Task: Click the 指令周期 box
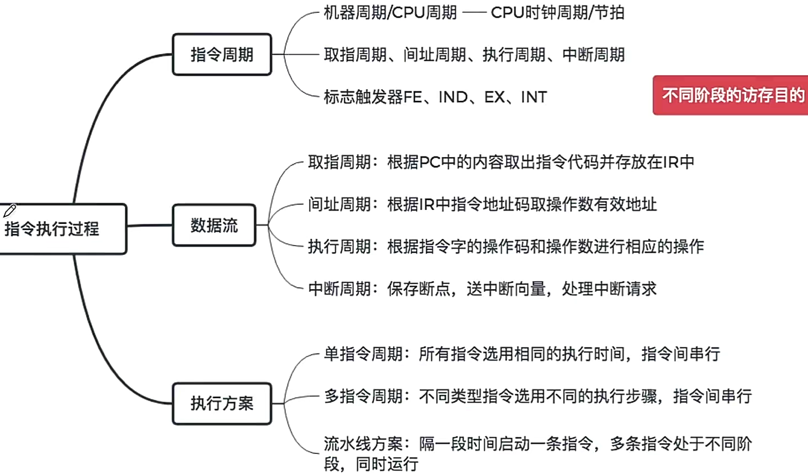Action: click(x=222, y=55)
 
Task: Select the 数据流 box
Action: click(x=214, y=225)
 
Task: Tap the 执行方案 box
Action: click(x=222, y=403)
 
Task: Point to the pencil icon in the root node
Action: click(x=9, y=211)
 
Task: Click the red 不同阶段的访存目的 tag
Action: click(x=732, y=95)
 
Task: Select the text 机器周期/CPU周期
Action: click(x=390, y=12)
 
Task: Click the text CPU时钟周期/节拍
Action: click(x=557, y=12)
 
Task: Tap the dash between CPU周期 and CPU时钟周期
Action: click(x=474, y=13)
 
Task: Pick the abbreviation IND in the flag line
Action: click(x=453, y=97)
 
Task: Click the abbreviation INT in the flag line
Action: click(x=533, y=97)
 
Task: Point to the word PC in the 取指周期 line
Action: click(x=430, y=162)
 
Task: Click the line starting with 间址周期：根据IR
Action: click(x=482, y=204)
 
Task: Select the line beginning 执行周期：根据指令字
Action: click(x=505, y=246)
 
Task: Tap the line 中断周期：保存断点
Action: click(x=482, y=289)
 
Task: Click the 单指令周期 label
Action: click(x=363, y=354)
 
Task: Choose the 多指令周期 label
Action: click(x=363, y=396)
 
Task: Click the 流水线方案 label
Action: click(x=363, y=444)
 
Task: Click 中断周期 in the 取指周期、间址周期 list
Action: click(x=593, y=55)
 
